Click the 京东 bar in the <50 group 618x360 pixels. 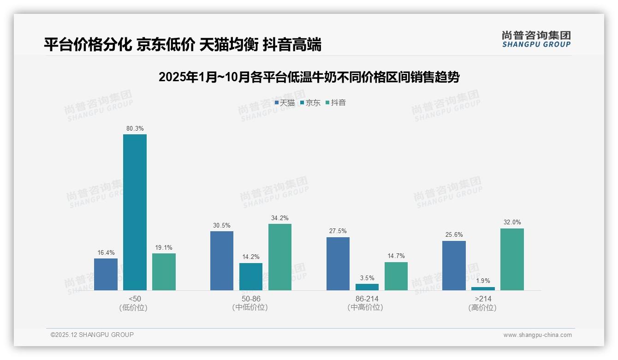pyautogui.click(x=135, y=212)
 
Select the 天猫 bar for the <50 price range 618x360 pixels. pyautogui.click(x=106, y=274)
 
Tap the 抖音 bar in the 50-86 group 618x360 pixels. pyautogui.click(x=280, y=257)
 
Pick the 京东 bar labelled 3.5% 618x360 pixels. pyautogui.click(x=367, y=287)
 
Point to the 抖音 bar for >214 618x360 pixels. pyautogui.click(x=512, y=259)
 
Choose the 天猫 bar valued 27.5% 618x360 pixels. pyautogui.click(x=338, y=264)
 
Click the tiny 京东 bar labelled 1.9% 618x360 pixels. pyautogui.click(x=483, y=288)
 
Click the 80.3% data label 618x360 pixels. pyautogui.click(x=135, y=128)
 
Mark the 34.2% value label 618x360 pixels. pyautogui.click(x=280, y=218)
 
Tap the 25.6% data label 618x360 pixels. pyautogui.click(x=454, y=235)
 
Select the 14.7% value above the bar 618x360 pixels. pyautogui.click(x=396, y=256)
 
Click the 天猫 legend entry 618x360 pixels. pyautogui.click(x=285, y=103)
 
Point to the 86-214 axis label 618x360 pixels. pyautogui.click(x=367, y=299)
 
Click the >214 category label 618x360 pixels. pyautogui.click(x=483, y=299)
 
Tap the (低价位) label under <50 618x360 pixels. pyautogui.click(x=133, y=308)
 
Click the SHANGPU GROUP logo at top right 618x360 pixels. pyautogui.click(x=536, y=39)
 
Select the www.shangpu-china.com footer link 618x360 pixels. pyautogui.click(x=537, y=335)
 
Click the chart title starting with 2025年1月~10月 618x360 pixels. pyautogui.click(x=309, y=77)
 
